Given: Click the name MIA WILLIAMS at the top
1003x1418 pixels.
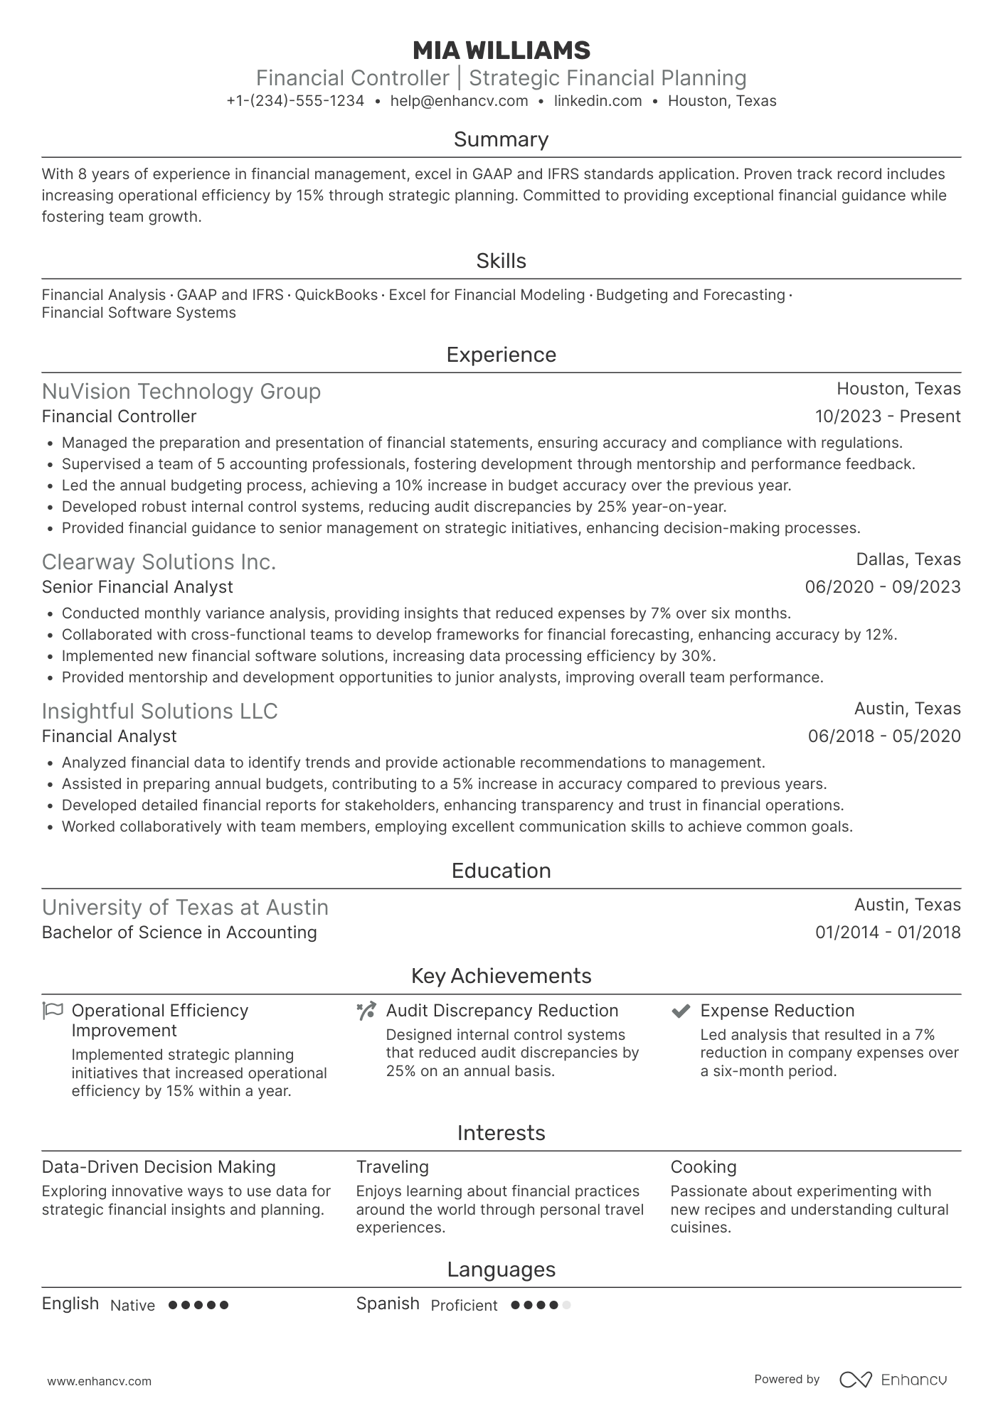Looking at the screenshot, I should pyautogui.click(x=501, y=50).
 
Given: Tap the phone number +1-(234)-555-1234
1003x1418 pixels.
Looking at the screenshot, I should pyautogui.click(x=295, y=101).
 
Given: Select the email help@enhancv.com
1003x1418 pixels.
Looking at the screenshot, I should pyautogui.click(x=459, y=101).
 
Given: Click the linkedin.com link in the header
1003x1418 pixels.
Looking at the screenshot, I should pyautogui.click(x=598, y=101).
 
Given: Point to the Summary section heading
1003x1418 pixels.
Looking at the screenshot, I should pyautogui.click(x=501, y=139).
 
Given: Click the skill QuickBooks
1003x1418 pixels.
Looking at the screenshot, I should pyautogui.click(x=336, y=295).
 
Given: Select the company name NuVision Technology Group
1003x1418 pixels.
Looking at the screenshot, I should pyautogui.click(x=181, y=392).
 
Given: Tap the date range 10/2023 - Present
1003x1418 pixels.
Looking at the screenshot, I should pyautogui.click(x=887, y=417).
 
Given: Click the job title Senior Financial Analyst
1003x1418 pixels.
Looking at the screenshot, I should pyautogui.click(x=137, y=587).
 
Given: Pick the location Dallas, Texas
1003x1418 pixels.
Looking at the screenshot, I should pyautogui.click(x=908, y=559).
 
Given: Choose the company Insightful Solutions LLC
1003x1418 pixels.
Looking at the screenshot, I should pyautogui.click(x=159, y=711).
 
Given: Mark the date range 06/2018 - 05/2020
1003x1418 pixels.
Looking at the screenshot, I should pyautogui.click(x=883, y=736).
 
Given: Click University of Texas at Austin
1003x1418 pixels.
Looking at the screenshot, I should pyautogui.click(x=185, y=908).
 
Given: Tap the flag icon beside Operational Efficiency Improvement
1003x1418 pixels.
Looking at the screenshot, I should pyautogui.click(x=53, y=1010).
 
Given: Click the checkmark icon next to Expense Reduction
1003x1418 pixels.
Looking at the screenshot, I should pyautogui.click(x=681, y=1011).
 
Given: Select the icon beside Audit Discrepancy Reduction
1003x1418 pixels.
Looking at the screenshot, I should pyautogui.click(x=366, y=1011).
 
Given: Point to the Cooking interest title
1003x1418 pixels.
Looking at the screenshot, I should pyautogui.click(x=703, y=1167).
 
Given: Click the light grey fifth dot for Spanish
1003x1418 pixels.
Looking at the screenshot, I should pyautogui.click(x=566, y=1305).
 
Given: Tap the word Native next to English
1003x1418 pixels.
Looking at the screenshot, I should pyautogui.click(x=132, y=1305).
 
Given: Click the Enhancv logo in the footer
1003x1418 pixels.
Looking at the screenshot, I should pyautogui.click(x=893, y=1380).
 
